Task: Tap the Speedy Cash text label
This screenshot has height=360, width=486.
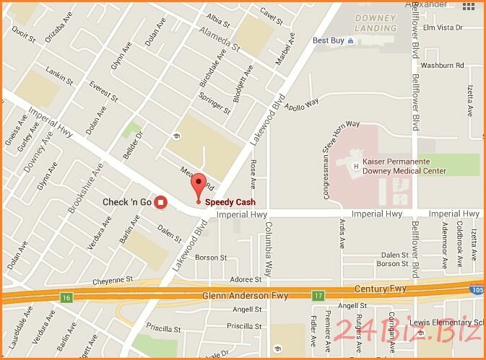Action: (230, 202)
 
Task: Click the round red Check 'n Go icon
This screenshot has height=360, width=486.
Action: (160, 202)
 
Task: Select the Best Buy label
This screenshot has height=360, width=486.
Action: (328, 40)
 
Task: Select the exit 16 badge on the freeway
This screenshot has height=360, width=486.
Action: (66, 297)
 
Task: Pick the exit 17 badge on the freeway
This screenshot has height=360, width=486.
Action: (318, 295)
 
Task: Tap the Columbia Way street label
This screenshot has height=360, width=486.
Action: (267, 250)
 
